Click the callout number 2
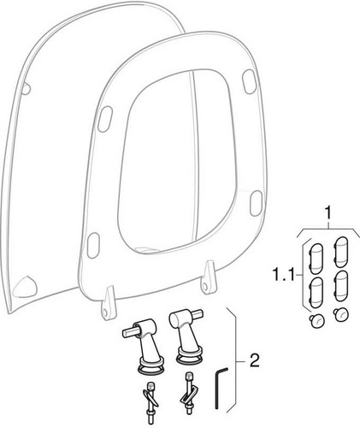click(254, 360)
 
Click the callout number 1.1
click(283, 275)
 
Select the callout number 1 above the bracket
click(328, 212)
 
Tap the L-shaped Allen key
click(220, 389)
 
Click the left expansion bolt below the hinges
click(150, 398)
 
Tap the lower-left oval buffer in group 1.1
click(316, 293)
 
